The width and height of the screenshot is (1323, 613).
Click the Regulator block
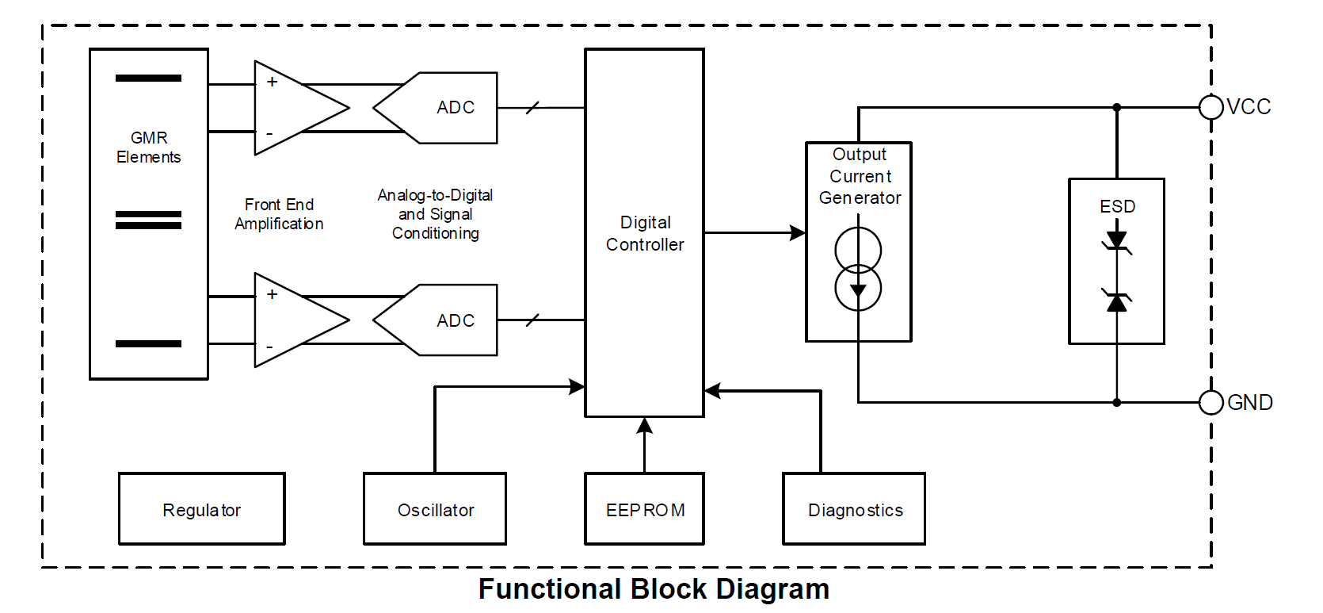click(201, 509)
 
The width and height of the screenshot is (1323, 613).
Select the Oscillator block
click(435, 509)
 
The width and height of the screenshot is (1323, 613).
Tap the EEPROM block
click(644, 509)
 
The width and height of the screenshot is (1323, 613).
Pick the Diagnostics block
click(854, 509)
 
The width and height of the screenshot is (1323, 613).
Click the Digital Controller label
click(645, 233)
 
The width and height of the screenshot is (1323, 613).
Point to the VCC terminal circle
click(1211, 107)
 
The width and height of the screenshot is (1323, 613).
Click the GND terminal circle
click(1211, 403)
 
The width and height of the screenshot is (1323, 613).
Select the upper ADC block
click(448, 108)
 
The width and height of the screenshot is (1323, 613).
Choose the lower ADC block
click(448, 320)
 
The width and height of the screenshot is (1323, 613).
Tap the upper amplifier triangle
click(293, 108)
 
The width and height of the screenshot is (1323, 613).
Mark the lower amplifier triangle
click(293, 320)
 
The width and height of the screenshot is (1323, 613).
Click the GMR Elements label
click(149, 148)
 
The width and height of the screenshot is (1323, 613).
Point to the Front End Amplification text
click(279, 214)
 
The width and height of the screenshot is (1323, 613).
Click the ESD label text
click(1117, 206)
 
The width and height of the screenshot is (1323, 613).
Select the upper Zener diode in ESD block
click(1117, 240)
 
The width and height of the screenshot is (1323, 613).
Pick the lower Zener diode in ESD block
click(1117, 301)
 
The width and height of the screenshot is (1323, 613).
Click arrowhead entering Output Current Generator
click(798, 233)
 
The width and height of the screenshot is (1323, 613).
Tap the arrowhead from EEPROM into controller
click(645, 426)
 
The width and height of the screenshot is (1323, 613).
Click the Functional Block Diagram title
click(654, 589)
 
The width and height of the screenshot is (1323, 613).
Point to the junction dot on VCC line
click(1117, 107)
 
